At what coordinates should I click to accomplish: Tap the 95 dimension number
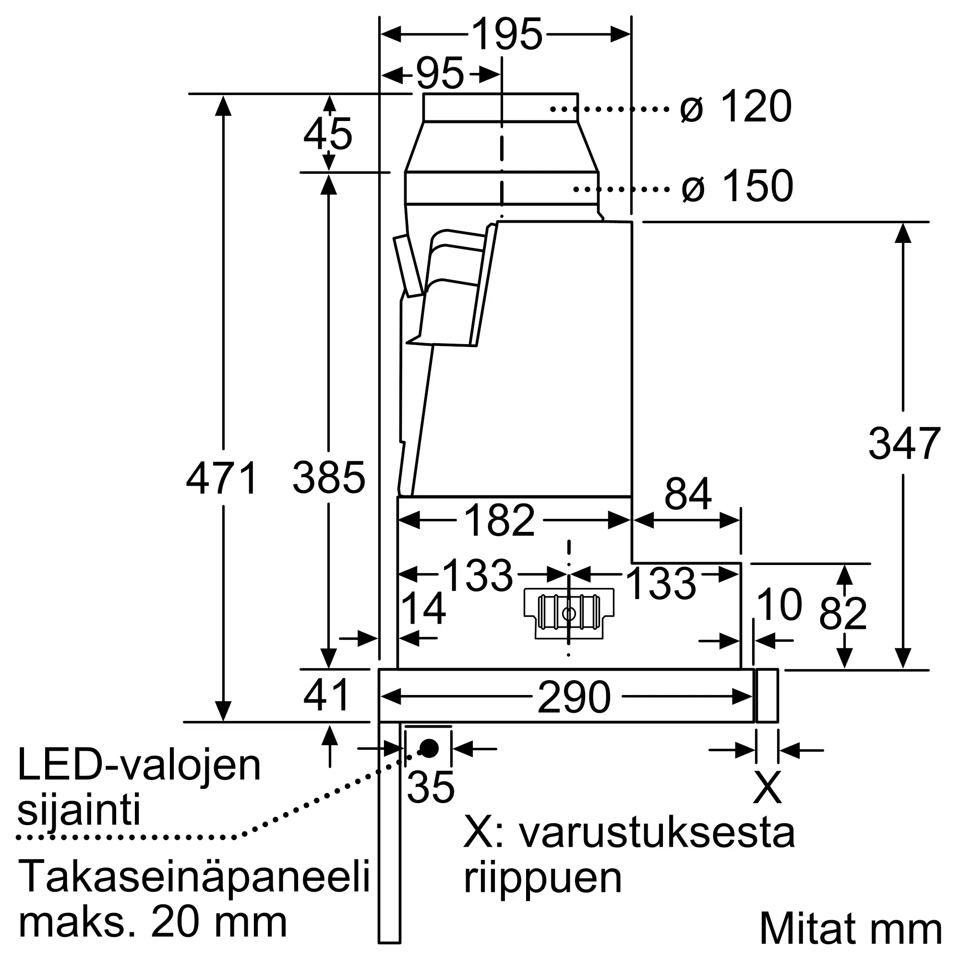(440, 74)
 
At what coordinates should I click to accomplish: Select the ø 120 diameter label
(735, 107)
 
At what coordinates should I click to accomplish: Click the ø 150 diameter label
(737, 186)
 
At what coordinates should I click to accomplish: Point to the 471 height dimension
(222, 478)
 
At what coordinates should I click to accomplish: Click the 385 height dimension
(328, 478)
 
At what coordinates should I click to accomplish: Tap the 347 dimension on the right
(904, 444)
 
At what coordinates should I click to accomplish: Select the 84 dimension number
(688, 494)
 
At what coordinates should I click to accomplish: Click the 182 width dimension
(499, 520)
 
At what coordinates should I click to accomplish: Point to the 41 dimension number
(326, 695)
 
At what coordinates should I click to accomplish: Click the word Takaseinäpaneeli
(194, 877)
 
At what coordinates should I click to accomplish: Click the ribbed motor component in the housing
(569, 613)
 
